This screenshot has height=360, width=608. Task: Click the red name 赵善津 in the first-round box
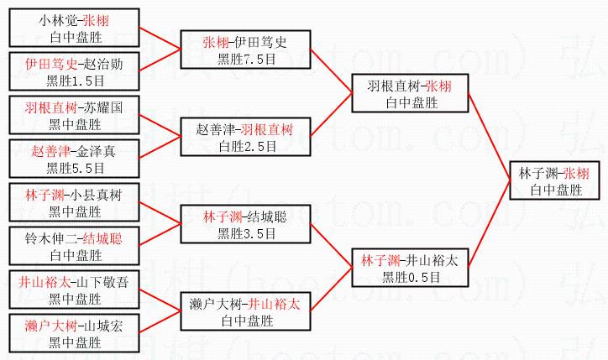[x=50, y=151]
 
